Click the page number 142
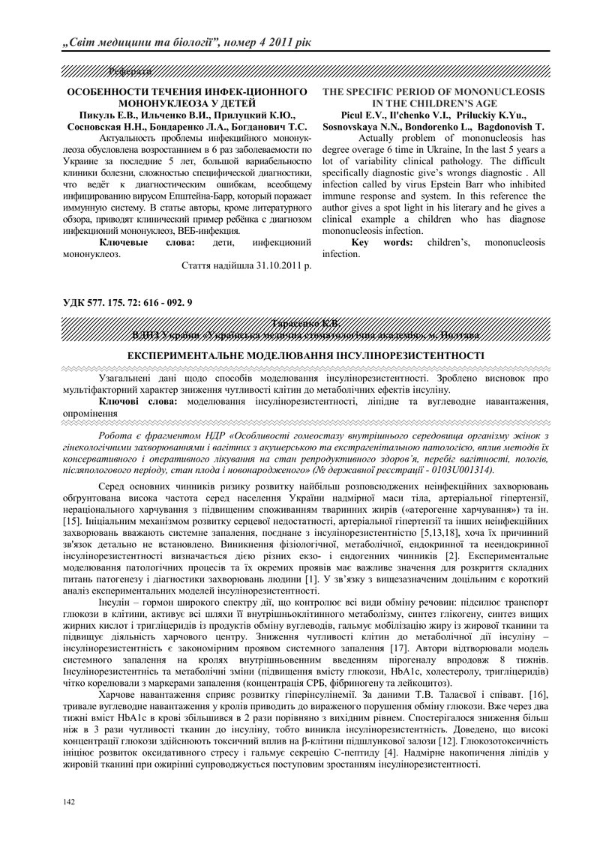(x=69, y=802)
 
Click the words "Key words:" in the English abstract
(x=381, y=243)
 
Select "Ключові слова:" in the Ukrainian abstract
(x=139, y=402)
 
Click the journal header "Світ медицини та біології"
(x=139, y=38)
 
